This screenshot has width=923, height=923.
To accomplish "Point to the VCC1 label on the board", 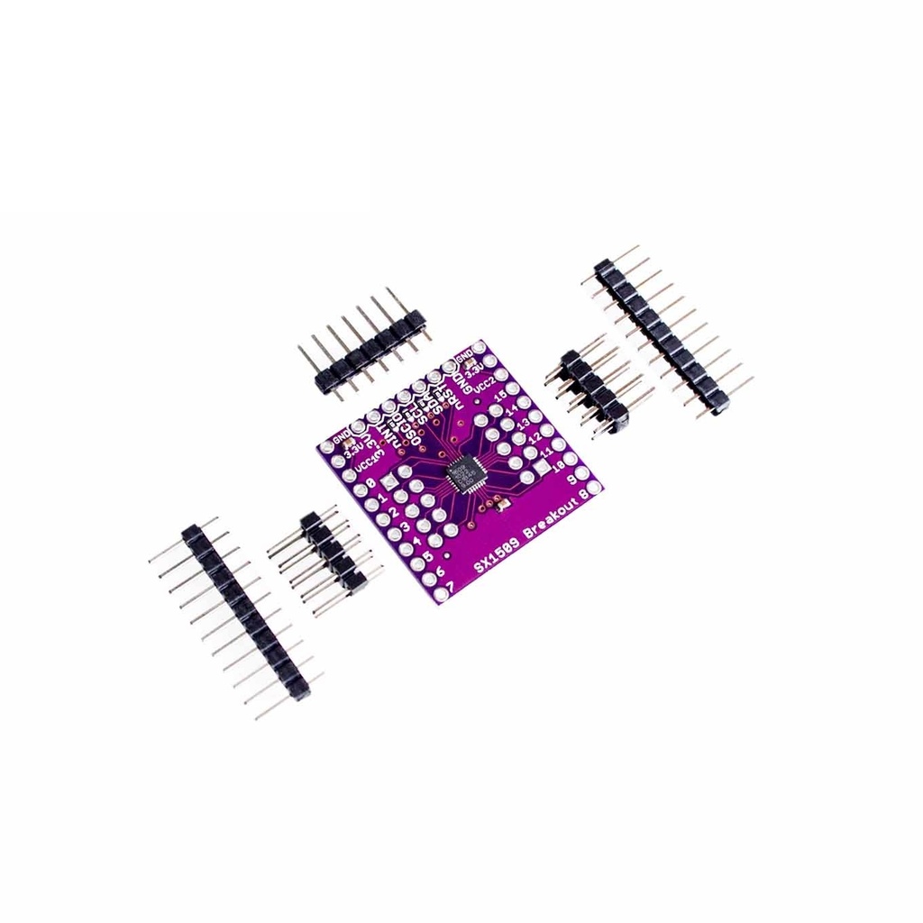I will (x=365, y=461).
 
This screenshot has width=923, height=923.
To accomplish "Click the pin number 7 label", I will (x=450, y=585).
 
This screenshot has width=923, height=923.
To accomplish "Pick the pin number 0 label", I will (x=372, y=484).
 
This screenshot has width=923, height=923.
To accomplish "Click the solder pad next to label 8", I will (x=594, y=487).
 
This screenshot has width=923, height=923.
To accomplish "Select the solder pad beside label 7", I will (x=440, y=595).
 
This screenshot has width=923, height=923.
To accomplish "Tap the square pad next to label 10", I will (x=541, y=470).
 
